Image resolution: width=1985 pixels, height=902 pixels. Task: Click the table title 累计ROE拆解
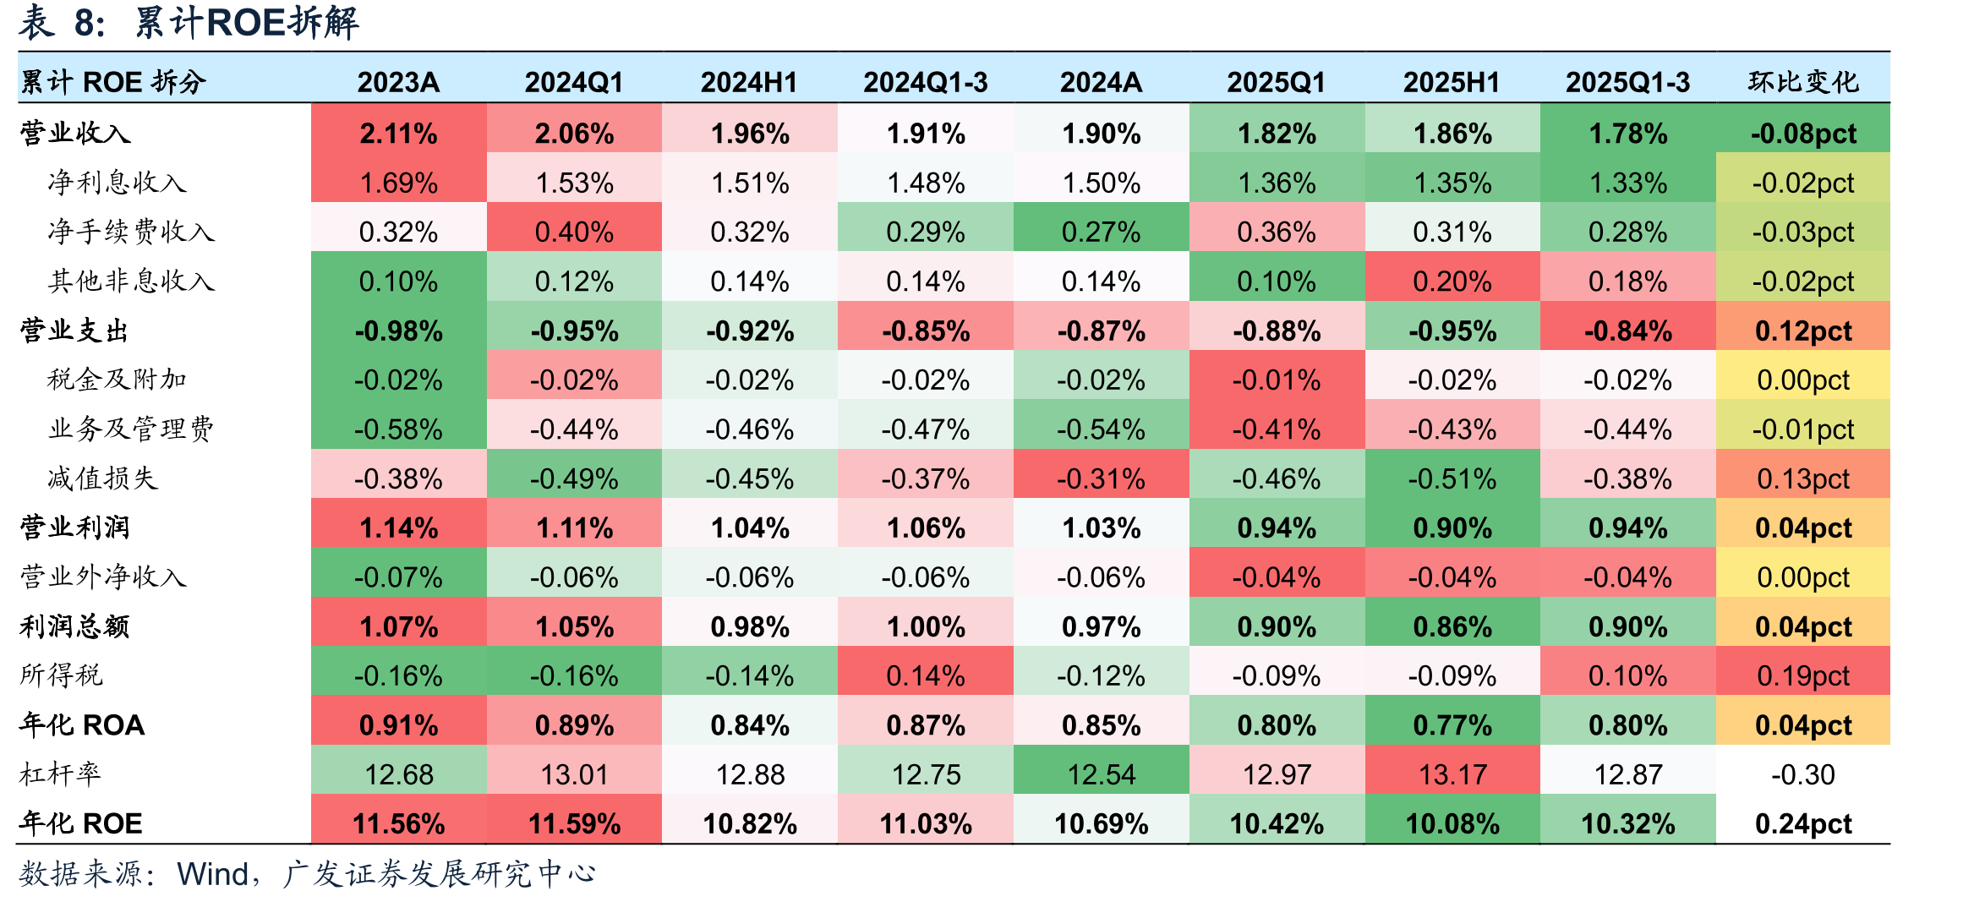click(x=247, y=23)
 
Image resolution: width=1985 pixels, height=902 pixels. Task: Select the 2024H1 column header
click(x=749, y=82)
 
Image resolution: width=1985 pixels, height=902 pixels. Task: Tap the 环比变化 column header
click(x=1803, y=82)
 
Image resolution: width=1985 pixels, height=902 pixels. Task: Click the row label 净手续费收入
click(x=131, y=232)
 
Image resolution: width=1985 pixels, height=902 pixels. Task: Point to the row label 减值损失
click(x=102, y=478)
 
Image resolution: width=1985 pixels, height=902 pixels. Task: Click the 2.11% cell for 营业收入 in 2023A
click(x=398, y=134)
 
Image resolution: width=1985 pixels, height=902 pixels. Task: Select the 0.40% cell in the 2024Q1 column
click(x=574, y=232)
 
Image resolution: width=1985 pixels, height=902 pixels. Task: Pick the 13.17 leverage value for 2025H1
click(x=1452, y=774)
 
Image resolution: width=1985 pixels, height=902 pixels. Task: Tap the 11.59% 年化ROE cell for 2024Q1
click(x=574, y=823)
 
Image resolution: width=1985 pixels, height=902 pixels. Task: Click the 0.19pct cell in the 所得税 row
click(x=1803, y=675)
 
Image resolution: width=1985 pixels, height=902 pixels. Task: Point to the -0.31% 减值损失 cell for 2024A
click(x=1101, y=479)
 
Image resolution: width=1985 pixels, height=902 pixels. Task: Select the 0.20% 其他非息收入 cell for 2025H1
click(x=1452, y=282)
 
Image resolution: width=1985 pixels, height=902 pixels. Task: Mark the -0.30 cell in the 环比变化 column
click(x=1803, y=774)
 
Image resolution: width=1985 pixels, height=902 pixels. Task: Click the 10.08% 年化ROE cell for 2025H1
click(x=1452, y=823)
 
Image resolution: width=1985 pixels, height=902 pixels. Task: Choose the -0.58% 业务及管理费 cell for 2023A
click(x=398, y=429)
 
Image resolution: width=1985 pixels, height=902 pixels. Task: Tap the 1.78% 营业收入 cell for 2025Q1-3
click(x=1628, y=134)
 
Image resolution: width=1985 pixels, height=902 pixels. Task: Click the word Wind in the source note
click(x=212, y=874)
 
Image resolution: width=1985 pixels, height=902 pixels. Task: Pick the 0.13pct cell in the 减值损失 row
click(x=1803, y=479)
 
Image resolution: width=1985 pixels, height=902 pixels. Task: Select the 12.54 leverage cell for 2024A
click(x=1101, y=774)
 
